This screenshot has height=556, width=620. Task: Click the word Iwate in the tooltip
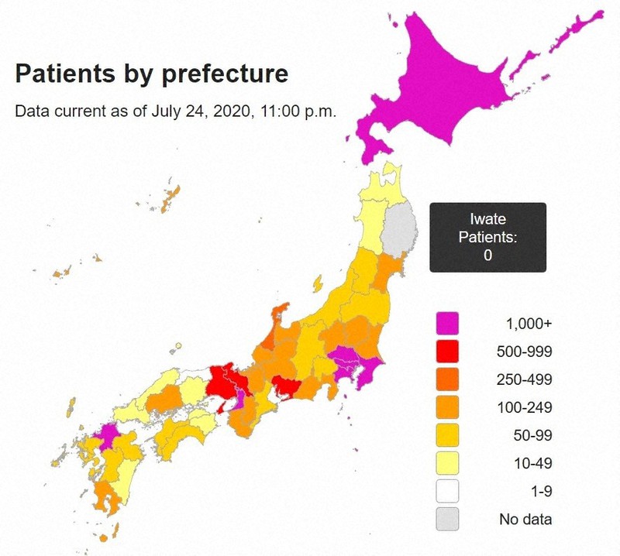[x=487, y=220]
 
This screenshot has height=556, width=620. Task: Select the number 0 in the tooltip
[x=487, y=256]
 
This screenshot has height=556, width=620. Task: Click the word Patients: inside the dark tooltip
[x=487, y=237]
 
